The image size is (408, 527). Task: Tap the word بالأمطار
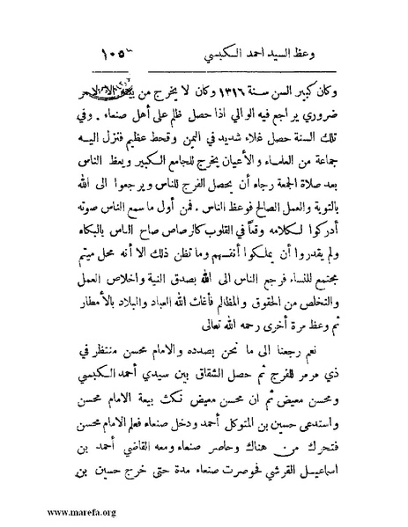click(x=87, y=308)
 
